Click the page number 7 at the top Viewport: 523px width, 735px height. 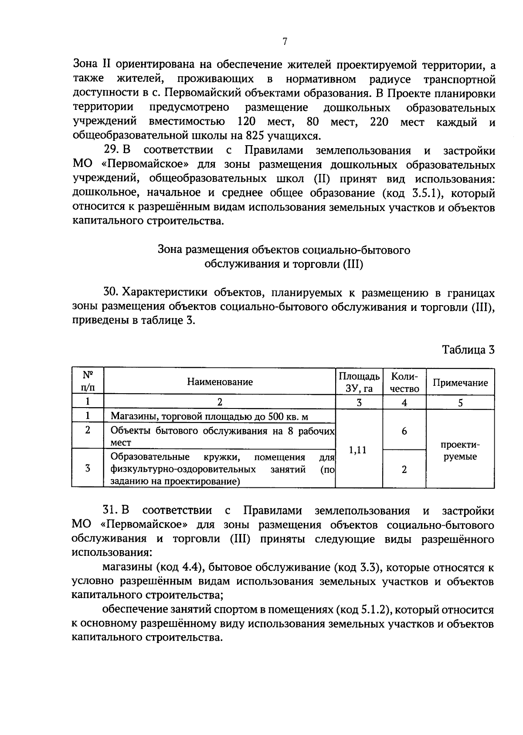click(284, 42)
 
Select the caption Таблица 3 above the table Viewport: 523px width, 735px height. click(469, 350)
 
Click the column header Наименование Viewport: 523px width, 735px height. click(220, 382)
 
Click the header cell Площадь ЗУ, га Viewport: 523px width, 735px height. click(359, 382)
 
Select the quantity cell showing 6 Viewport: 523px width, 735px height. click(404, 431)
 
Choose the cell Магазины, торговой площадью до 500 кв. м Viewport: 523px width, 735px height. click(209, 416)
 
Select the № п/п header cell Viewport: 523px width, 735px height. click(88, 381)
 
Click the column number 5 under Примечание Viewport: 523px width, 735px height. click(460, 403)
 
